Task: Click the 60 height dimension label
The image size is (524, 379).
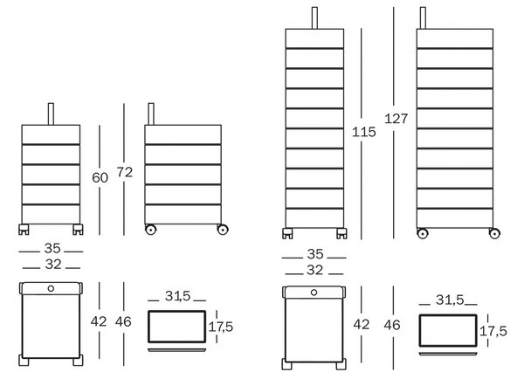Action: (100, 178)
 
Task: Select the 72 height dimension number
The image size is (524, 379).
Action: (125, 172)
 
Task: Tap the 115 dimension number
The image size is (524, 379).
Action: (364, 132)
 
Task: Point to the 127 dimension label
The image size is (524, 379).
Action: (396, 119)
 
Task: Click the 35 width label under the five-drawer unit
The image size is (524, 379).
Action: (52, 248)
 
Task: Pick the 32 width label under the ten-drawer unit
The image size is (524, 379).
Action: (314, 270)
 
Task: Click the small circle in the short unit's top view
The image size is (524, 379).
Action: (51, 288)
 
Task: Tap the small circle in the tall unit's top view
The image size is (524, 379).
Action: (314, 293)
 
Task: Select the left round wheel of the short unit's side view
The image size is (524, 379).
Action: (150, 230)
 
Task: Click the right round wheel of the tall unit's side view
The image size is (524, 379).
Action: (494, 233)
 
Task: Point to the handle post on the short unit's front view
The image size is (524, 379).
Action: (51, 114)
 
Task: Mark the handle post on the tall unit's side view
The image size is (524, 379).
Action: (423, 18)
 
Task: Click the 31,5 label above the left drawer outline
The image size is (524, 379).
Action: (177, 296)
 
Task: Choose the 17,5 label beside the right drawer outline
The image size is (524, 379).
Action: (493, 331)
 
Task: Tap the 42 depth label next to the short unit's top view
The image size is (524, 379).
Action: (99, 321)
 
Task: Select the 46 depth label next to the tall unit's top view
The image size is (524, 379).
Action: (392, 325)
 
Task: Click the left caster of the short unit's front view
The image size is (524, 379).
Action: (24, 230)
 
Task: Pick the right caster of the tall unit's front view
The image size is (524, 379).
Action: (341, 233)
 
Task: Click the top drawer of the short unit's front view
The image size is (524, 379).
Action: (51, 134)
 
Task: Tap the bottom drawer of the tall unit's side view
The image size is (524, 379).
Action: (455, 218)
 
